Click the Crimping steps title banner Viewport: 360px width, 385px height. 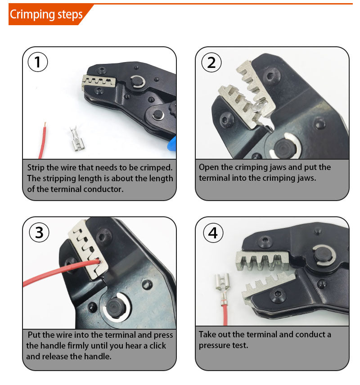click(46, 14)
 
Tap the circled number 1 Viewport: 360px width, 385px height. click(38, 62)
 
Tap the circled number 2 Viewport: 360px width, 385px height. click(211, 62)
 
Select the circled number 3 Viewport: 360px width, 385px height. click(39, 232)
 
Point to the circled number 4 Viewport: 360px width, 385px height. click(213, 233)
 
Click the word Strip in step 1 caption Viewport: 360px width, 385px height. click(36, 167)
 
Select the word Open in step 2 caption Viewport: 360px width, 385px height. click(209, 167)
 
